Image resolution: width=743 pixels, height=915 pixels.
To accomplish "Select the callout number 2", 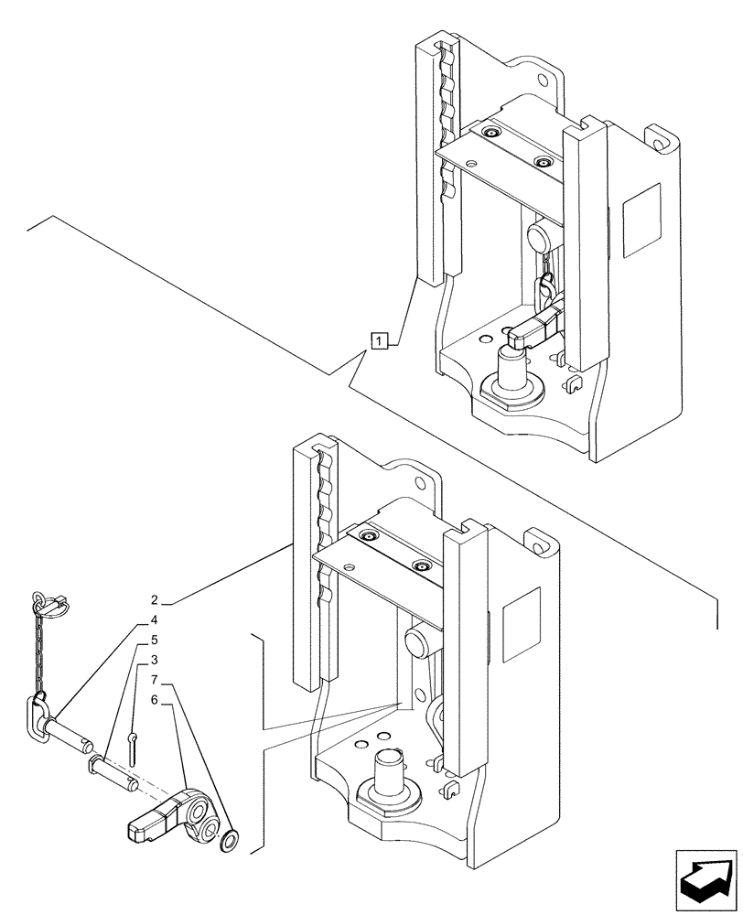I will tap(156, 601).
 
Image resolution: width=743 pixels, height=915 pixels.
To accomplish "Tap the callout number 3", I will tap(156, 660).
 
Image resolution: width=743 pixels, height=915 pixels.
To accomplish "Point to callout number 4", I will tap(156, 619).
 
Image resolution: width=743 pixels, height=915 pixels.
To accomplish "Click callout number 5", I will tap(156, 640).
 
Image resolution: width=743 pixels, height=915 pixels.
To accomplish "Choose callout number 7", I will tap(156, 680).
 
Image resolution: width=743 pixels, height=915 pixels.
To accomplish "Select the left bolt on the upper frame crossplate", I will tap(493, 135).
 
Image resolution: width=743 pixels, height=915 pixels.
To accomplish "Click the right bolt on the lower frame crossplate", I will tap(422, 567).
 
